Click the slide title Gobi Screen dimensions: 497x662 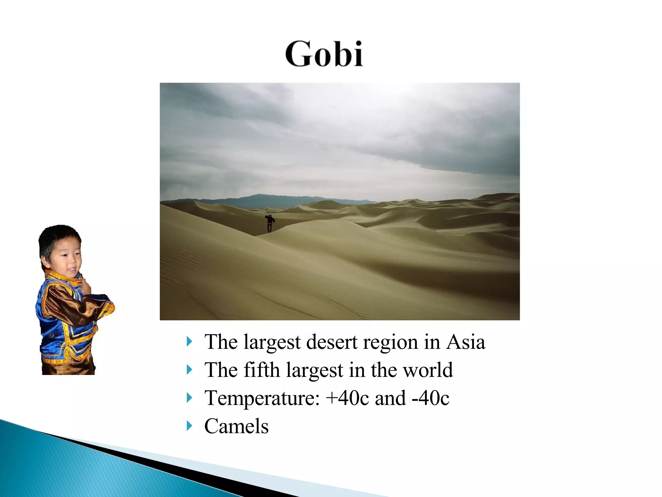[324, 54]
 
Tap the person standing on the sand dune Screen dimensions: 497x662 [270, 223]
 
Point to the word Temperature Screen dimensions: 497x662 [262, 398]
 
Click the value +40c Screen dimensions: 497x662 [347, 398]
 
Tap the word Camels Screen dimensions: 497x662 [236, 426]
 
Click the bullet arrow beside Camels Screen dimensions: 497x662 [189, 426]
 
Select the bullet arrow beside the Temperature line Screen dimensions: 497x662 [189, 398]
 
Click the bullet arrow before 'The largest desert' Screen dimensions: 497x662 [189, 341]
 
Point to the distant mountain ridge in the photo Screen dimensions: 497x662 [259, 198]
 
